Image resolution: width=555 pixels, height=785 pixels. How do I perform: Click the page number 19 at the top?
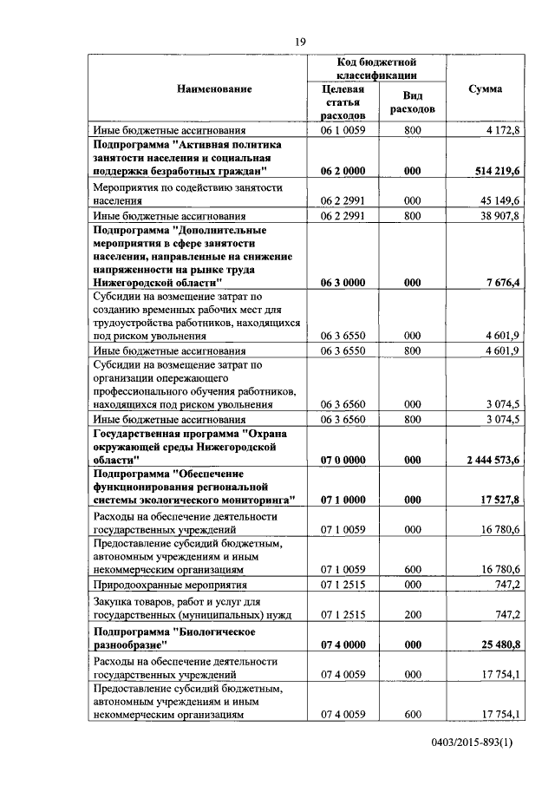click(x=300, y=42)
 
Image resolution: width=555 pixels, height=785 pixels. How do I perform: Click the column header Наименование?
click(x=214, y=89)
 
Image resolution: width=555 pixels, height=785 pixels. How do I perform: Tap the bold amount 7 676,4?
click(x=499, y=283)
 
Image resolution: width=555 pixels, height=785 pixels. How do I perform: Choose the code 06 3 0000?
click(x=342, y=283)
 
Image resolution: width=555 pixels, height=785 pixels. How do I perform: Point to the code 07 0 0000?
click(x=342, y=460)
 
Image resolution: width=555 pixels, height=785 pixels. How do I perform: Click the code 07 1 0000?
click(x=342, y=500)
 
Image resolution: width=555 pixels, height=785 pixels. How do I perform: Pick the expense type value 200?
click(x=412, y=614)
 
